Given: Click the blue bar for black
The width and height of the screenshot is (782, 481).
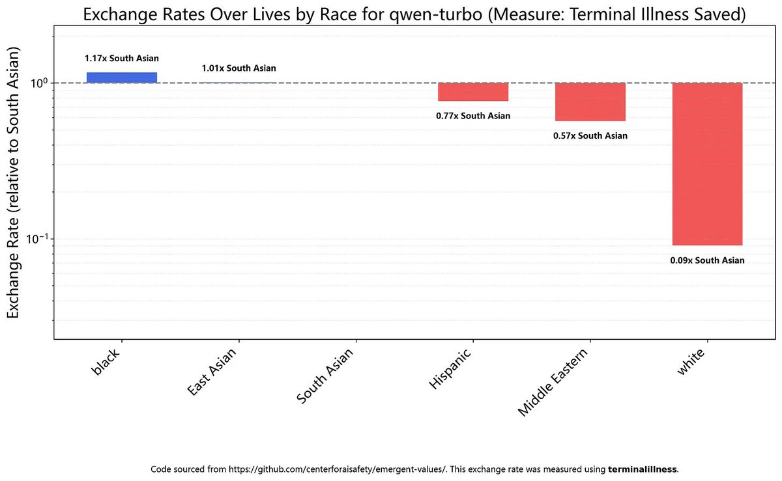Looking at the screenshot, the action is click(x=122, y=77).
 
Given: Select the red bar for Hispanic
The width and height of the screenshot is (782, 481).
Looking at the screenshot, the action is click(x=473, y=92).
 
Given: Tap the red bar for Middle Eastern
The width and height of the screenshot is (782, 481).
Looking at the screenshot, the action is click(x=590, y=102).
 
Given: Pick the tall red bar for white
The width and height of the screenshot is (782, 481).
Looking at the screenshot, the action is click(x=707, y=164).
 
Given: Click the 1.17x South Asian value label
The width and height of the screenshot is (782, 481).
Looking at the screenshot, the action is click(x=122, y=58).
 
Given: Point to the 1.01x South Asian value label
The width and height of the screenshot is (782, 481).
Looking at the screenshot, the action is click(x=239, y=68).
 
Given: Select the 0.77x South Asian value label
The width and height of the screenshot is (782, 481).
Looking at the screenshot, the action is click(x=473, y=116).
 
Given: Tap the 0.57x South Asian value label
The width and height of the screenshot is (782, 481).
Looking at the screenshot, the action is click(x=590, y=135).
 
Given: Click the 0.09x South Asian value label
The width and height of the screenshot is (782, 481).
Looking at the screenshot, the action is click(x=707, y=260).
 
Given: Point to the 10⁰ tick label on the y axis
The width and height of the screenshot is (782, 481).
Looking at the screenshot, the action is click(x=38, y=83).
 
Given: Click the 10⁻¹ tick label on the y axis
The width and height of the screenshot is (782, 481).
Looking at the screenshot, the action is click(x=36, y=239).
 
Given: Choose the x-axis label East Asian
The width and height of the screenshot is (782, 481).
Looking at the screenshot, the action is click(x=212, y=372).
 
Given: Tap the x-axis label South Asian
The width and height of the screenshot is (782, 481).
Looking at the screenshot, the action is click(x=325, y=376).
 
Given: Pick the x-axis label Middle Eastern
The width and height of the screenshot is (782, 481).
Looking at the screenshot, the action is click(x=553, y=382).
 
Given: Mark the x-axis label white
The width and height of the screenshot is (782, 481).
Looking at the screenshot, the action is click(x=691, y=361).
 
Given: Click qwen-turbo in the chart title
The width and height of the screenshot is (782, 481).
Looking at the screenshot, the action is click(x=436, y=15).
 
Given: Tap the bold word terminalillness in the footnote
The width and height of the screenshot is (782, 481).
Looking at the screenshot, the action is click(x=642, y=469).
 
